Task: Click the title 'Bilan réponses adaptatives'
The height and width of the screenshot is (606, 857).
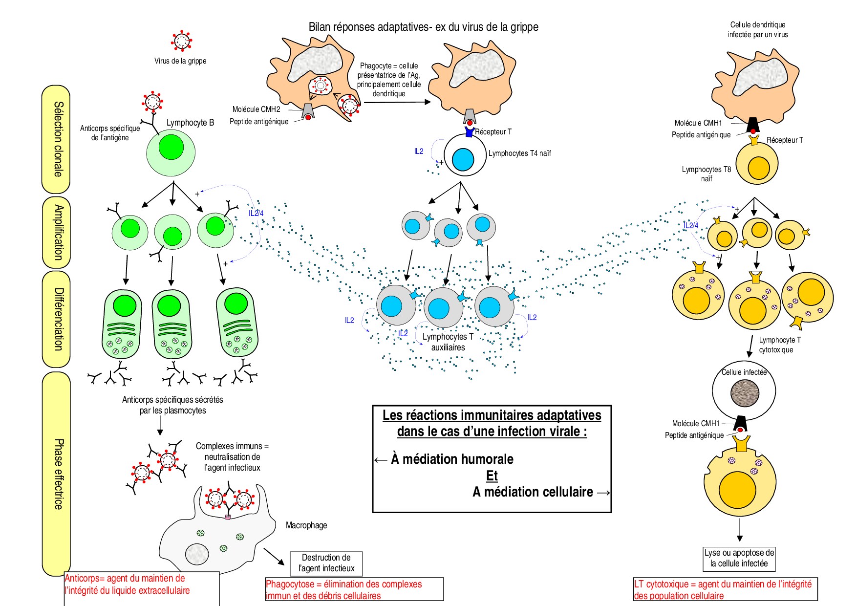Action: [423, 27]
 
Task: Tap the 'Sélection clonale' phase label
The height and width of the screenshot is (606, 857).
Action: [58, 139]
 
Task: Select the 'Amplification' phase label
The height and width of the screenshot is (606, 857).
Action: [58, 233]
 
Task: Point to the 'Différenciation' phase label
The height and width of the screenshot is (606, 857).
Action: [58, 319]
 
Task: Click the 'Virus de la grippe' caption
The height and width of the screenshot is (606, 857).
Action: [180, 61]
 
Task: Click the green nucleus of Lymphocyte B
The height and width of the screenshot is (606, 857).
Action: [171, 148]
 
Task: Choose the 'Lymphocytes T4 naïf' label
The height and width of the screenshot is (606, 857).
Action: [519, 153]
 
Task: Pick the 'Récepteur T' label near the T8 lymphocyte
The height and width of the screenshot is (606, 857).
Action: [785, 140]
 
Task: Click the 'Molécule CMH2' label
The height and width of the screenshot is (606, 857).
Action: [256, 109]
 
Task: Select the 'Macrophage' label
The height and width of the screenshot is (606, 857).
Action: [306, 525]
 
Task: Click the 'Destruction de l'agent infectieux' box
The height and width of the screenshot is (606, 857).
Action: [326, 563]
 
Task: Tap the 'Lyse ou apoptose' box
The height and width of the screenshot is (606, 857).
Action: [739, 558]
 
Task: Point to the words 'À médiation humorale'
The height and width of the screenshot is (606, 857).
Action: [452, 459]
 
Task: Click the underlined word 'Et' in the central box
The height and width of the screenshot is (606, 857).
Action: [492, 476]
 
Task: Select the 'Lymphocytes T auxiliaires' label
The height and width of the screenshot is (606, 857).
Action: [448, 342]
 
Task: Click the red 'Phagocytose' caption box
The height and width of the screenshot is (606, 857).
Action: [354, 590]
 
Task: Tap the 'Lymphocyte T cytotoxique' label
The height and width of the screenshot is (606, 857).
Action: [779, 345]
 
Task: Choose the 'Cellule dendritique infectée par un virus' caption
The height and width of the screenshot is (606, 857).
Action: [757, 30]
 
